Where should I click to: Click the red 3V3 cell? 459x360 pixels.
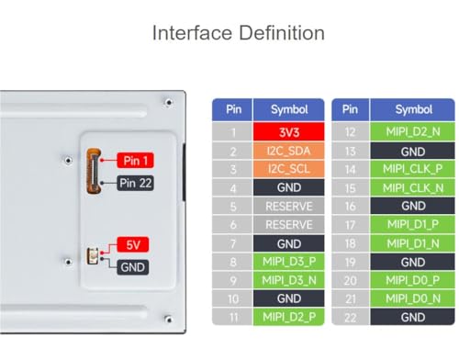288,132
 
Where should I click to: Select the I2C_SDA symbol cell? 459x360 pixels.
288,151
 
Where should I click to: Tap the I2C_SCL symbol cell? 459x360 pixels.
288,169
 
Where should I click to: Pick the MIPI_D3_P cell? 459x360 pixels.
288,262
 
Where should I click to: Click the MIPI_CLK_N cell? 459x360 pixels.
412,187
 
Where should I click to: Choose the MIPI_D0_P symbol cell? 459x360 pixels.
412,280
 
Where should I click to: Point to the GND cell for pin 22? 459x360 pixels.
412,317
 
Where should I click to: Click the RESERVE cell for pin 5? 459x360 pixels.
288,207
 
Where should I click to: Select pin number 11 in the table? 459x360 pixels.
232,317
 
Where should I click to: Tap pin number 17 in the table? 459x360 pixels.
351,225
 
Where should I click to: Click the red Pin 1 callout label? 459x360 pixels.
135,161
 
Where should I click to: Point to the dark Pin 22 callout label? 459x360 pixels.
135,183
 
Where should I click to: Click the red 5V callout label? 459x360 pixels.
133,244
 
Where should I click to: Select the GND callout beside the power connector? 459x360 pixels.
133,267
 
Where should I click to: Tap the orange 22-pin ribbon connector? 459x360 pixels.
94,171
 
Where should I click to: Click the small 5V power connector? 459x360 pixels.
93,256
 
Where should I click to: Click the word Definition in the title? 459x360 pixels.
282,33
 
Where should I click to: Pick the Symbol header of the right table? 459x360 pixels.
412,109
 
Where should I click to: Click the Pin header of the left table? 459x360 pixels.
232,109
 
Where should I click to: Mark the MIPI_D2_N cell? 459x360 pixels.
412,132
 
